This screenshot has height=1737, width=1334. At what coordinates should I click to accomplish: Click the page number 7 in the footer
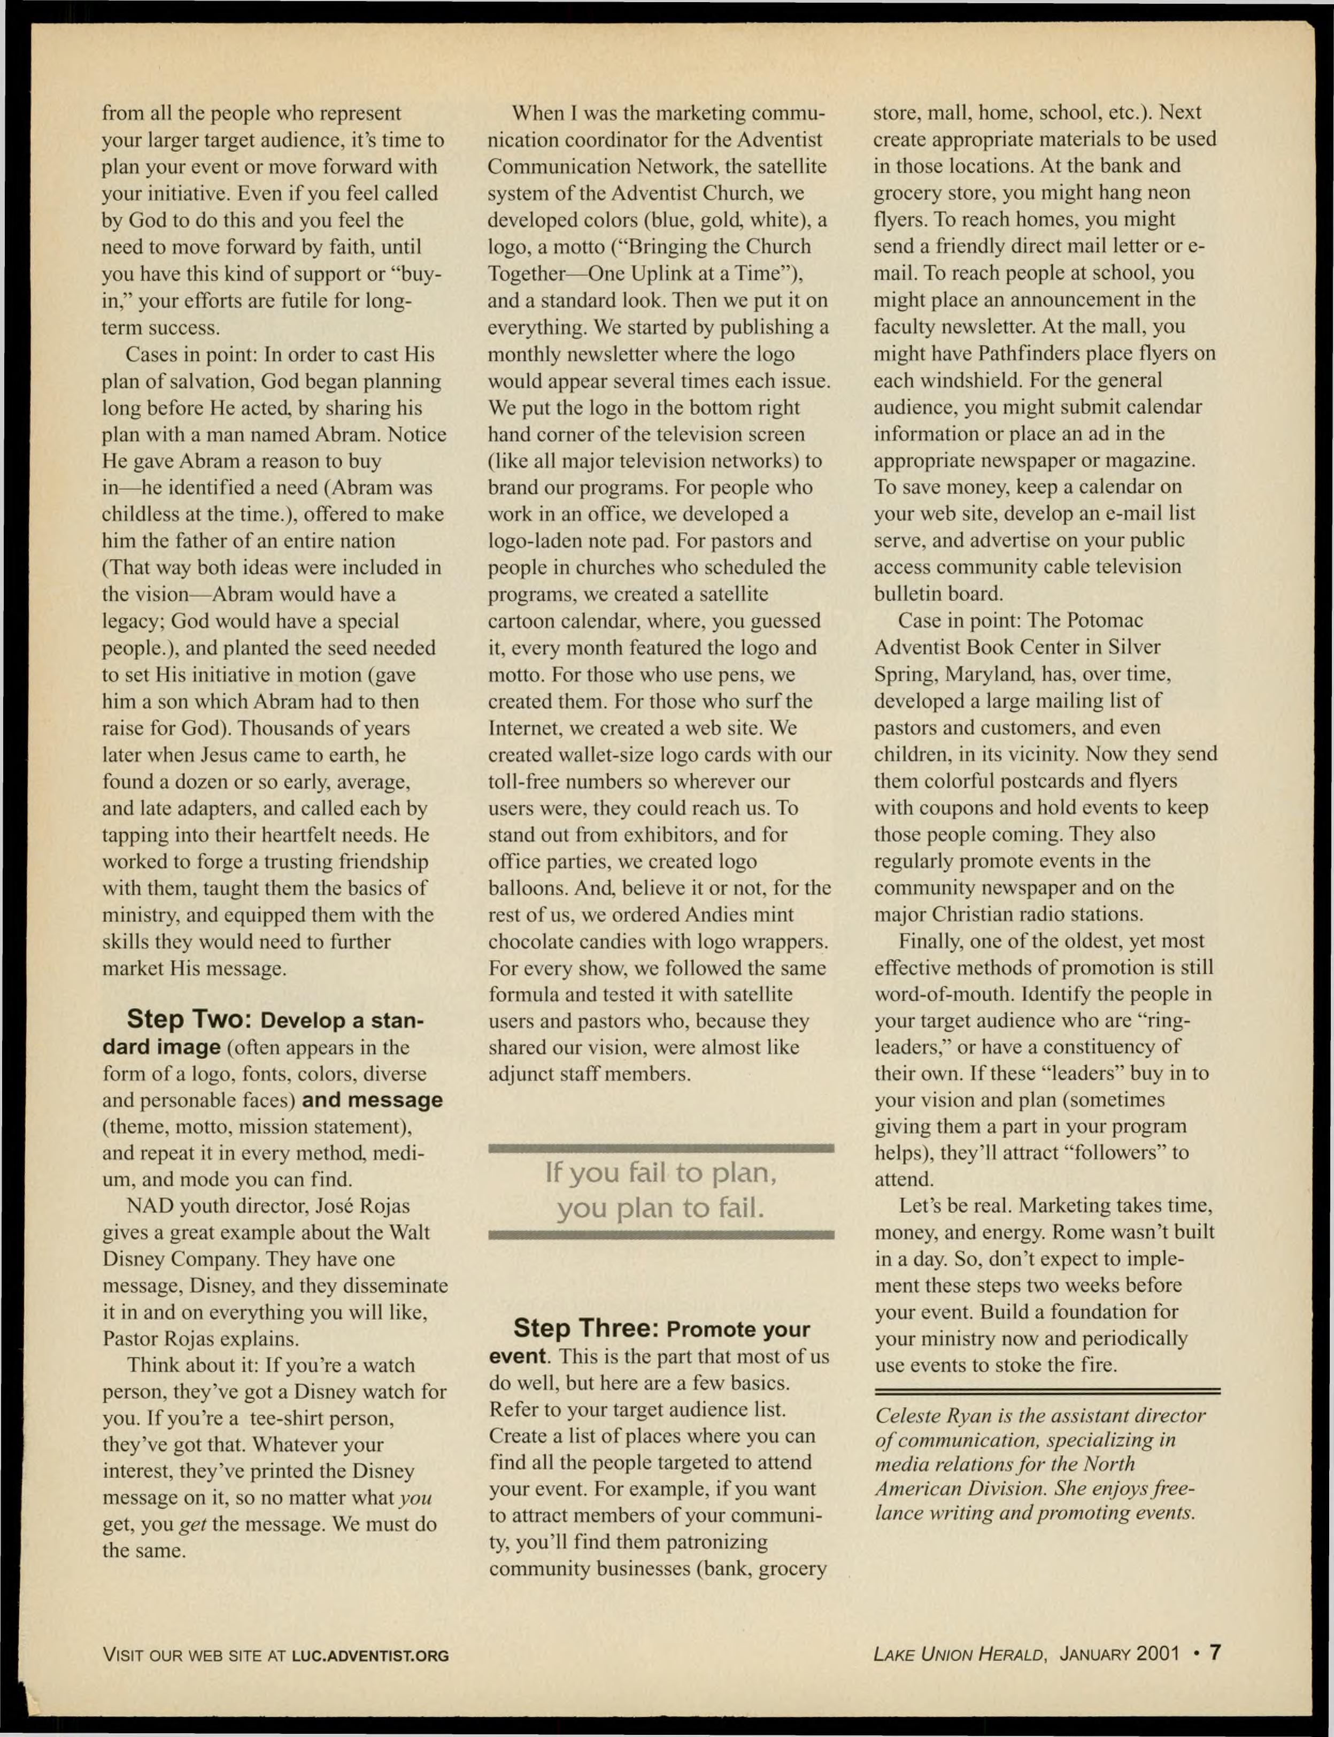click(x=1214, y=1654)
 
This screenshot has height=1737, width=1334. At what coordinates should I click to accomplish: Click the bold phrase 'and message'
click(x=373, y=1100)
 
